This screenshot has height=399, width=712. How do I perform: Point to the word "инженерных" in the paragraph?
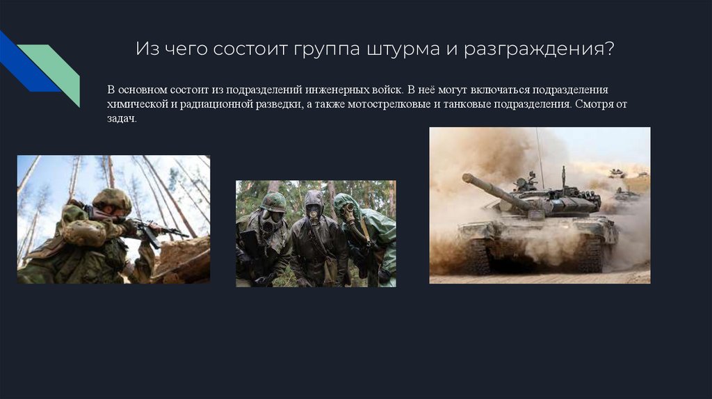coord(340,90)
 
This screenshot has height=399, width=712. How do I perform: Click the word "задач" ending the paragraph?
coord(122,118)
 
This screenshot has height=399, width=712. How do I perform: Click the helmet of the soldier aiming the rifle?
coord(112,199)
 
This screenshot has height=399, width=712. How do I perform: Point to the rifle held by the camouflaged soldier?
coord(159,231)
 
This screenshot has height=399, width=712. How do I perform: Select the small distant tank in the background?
coord(617,172)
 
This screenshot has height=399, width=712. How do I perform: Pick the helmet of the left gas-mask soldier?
coord(273,202)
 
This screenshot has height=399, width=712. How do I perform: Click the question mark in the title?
coord(610,48)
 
